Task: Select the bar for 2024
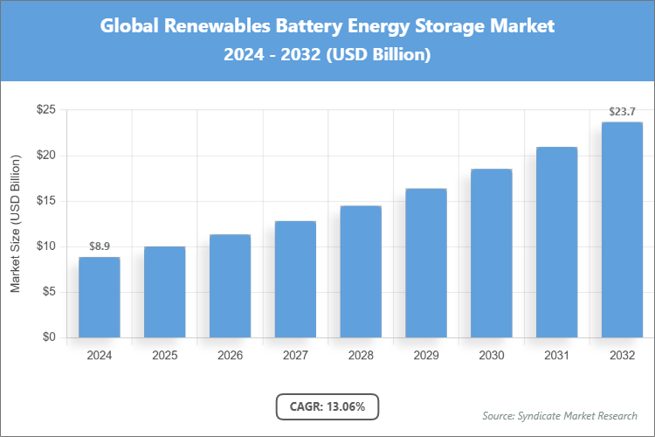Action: (x=99, y=297)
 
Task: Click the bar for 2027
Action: (x=295, y=279)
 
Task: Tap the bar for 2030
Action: (x=492, y=253)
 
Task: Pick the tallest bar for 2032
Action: (x=623, y=230)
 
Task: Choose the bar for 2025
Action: (x=164, y=292)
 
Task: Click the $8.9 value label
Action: (x=99, y=247)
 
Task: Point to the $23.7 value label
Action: (x=623, y=112)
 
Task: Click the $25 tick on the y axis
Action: (x=46, y=110)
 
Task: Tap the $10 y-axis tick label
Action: (x=46, y=246)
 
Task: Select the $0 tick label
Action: (x=50, y=337)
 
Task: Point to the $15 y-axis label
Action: (x=46, y=201)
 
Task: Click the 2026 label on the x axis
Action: (x=230, y=356)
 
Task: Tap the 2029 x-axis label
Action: (x=426, y=356)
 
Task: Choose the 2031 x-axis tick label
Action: (x=557, y=356)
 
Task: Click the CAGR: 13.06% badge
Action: (x=327, y=406)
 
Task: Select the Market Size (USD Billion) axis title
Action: (x=15, y=224)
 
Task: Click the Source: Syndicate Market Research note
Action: (x=559, y=415)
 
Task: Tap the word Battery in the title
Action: (x=309, y=26)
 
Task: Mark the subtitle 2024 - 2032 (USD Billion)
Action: (x=327, y=54)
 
